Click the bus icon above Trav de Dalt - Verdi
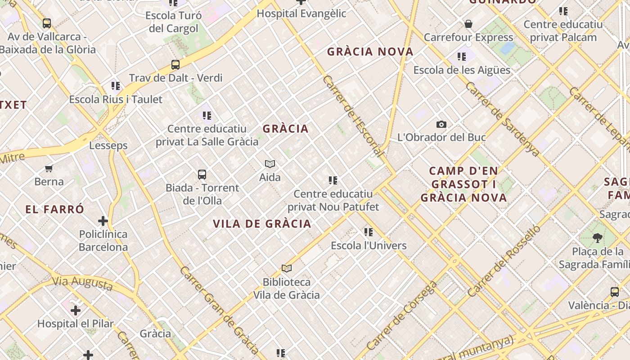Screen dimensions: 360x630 [175, 65]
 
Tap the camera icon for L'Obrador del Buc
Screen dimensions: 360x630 [441, 125]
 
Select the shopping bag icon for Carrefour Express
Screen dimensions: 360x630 [468, 24]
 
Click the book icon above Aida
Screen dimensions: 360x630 [270, 164]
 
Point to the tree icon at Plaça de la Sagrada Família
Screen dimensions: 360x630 [598, 238]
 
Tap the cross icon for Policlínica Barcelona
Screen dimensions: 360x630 [103, 221]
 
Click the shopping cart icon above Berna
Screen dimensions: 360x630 [49, 169]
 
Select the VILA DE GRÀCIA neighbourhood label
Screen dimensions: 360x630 [262, 224]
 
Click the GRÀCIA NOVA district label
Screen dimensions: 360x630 [370, 52]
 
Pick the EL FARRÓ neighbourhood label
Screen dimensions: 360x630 [55, 209]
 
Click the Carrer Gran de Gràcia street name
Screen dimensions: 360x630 [219, 310]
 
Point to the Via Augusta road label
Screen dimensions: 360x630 [82, 283]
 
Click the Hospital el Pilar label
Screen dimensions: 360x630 [76, 323]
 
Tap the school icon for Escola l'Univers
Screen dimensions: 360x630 [369, 232]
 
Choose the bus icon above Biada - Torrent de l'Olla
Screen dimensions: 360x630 [202, 175]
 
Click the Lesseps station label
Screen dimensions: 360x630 [108, 145]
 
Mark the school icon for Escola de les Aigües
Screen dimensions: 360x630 [462, 57]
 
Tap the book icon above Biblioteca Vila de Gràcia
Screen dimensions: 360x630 [287, 269]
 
